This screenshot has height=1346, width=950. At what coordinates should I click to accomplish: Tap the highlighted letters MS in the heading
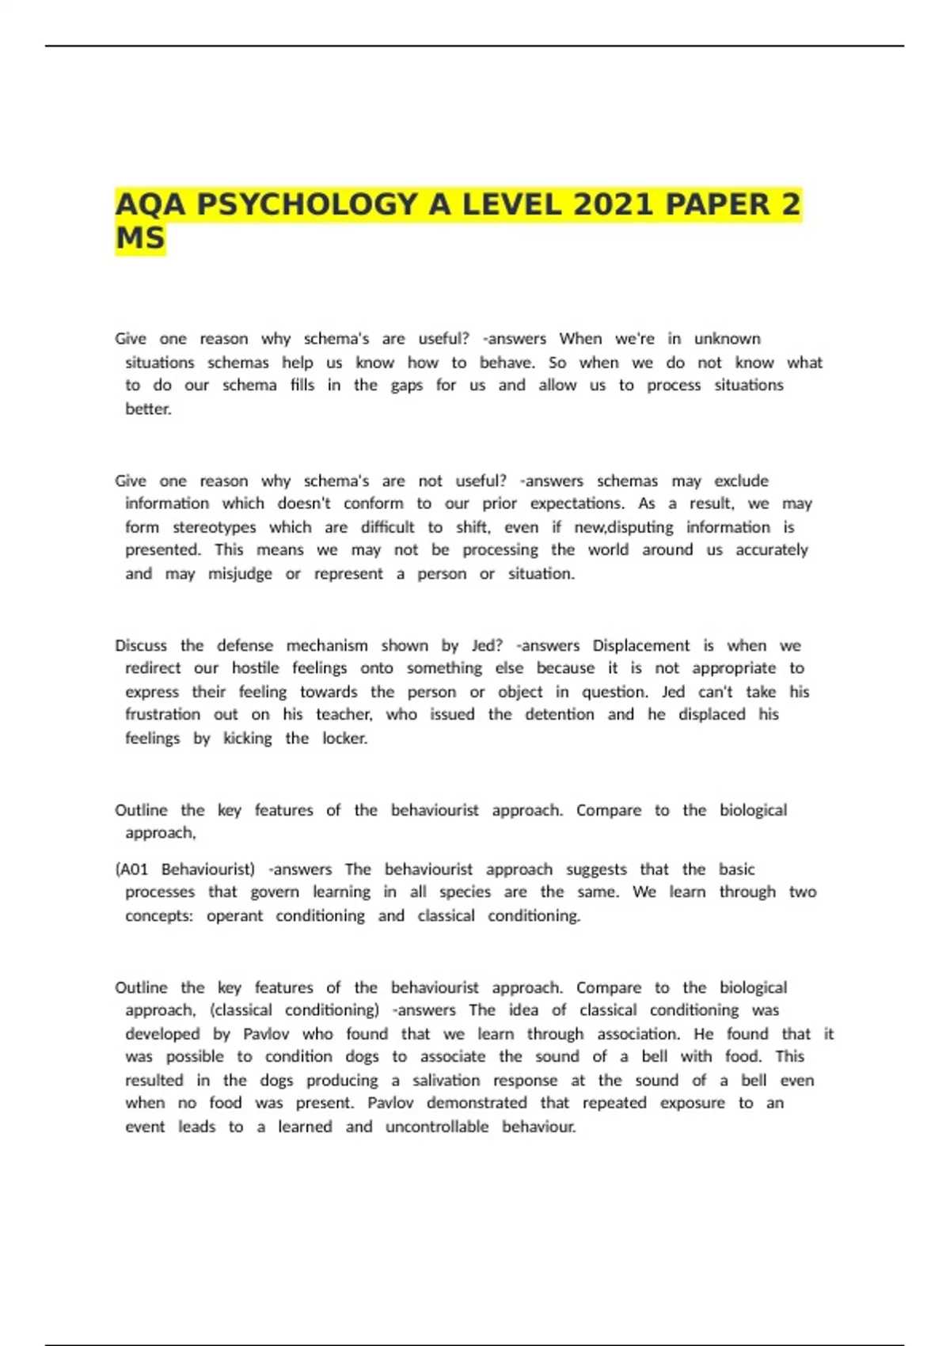(x=140, y=238)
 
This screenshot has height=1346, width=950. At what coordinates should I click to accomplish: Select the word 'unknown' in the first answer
(x=727, y=339)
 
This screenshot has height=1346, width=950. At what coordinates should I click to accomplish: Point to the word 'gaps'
(x=407, y=386)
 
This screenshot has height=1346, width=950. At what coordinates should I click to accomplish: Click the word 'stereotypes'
(x=215, y=527)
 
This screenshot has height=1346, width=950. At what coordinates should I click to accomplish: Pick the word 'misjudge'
(x=240, y=574)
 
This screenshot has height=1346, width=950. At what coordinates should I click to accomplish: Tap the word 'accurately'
(x=772, y=550)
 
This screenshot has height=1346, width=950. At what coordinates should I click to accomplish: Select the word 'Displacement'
(x=640, y=645)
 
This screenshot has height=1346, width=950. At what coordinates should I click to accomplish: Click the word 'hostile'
(x=255, y=668)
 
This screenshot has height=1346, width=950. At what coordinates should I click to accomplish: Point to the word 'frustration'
(x=162, y=714)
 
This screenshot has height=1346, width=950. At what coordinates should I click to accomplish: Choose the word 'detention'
(x=563, y=714)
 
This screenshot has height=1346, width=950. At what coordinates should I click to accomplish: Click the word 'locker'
(x=344, y=739)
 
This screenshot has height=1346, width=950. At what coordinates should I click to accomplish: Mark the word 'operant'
(x=234, y=916)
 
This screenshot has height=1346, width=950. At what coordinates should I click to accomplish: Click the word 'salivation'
(x=446, y=1081)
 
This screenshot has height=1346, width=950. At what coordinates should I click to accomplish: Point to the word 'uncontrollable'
(x=437, y=1127)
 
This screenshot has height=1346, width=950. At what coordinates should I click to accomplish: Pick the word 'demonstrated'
(x=477, y=1103)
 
